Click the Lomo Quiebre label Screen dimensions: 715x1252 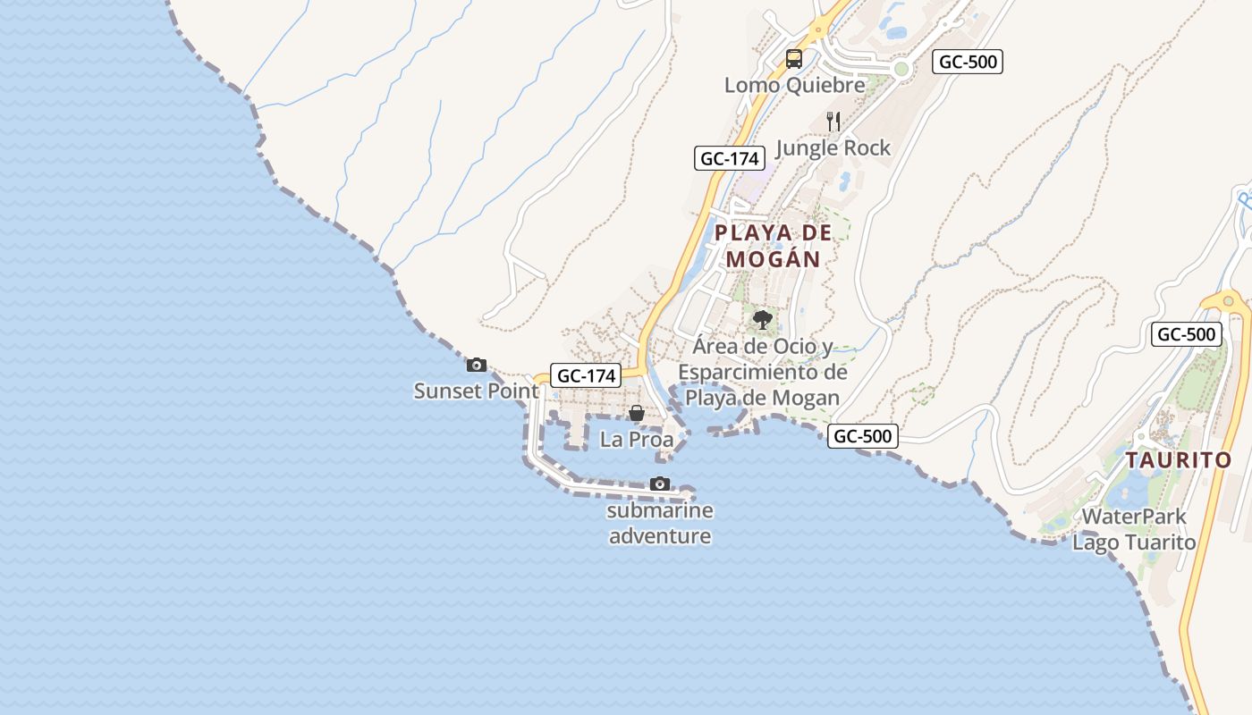pyautogui.click(x=795, y=86)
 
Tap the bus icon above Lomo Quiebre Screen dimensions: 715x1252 pyautogui.click(x=794, y=60)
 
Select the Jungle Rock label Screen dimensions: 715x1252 pyautogui.click(x=833, y=148)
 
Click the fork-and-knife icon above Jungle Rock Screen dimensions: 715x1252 pyautogui.click(x=833, y=122)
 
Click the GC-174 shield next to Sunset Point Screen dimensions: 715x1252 pyautogui.click(x=586, y=376)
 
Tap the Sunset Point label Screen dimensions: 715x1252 pyautogui.click(x=477, y=391)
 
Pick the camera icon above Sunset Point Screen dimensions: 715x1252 pyautogui.click(x=477, y=365)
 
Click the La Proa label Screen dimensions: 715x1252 pyautogui.click(x=637, y=440)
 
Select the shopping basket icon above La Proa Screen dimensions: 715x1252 pyautogui.click(x=637, y=413)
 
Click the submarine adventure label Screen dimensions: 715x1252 pyautogui.click(x=660, y=524)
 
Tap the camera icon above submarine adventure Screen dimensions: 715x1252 pyautogui.click(x=660, y=484)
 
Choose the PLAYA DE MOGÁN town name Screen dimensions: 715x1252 pyautogui.click(x=774, y=246)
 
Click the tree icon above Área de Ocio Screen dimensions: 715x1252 pyautogui.click(x=763, y=319)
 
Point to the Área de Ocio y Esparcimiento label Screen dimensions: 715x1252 pyautogui.click(x=763, y=372)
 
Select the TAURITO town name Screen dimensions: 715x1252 pyautogui.click(x=1179, y=461)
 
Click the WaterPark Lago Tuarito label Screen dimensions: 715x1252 pyautogui.click(x=1134, y=529)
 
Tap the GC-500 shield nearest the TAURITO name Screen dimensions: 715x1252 pyautogui.click(x=1187, y=335)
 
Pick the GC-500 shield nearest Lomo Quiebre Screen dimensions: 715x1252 pyautogui.click(x=968, y=63)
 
